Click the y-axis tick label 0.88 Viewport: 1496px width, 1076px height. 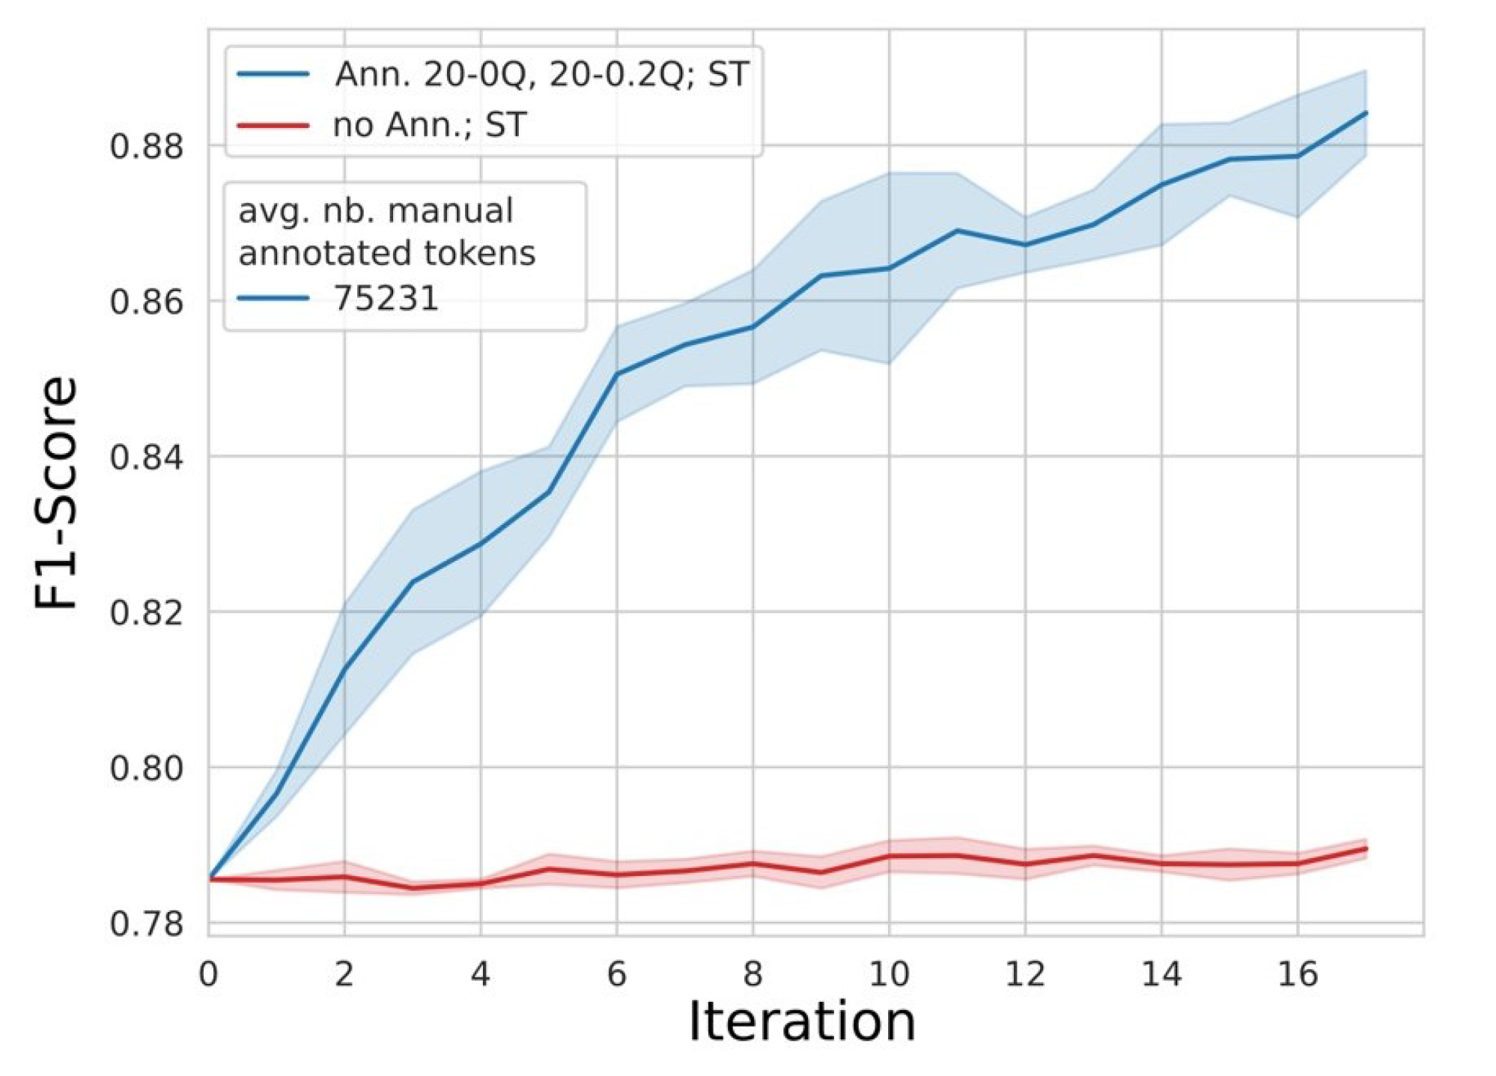(x=146, y=146)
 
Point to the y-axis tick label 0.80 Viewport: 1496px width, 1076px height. (x=146, y=768)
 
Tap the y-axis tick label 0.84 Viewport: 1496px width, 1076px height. (x=146, y=457)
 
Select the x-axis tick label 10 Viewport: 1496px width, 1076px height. (x=889, y=974)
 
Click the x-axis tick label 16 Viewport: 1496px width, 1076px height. (x=1297, y=974)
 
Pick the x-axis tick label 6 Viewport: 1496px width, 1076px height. (x=616, y=974)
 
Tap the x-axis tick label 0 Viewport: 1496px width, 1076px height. (x=208, y=974)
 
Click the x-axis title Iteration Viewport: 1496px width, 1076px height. (x=801, y=1021)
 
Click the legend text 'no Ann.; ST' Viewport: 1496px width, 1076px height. (x=430, y=124)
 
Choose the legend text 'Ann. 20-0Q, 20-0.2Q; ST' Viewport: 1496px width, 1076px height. (x=541, y=74)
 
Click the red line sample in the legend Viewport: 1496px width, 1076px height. (x=273, y=124)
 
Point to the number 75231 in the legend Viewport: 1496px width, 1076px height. (x=386, y=298)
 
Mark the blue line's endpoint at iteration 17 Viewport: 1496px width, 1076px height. (x=1366, y=113)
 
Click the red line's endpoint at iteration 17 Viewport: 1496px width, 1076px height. (x=1366, y=848)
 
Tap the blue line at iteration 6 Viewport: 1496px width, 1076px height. (x=616, y=374)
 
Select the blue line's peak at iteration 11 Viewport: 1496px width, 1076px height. (x=957, y=231)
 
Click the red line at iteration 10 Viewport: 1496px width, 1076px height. (x=889, y=856)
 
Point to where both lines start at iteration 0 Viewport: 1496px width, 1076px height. (x=209, y=879)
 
